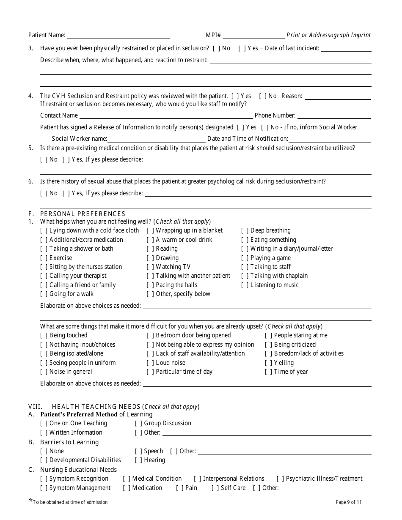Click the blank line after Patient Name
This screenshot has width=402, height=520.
118,36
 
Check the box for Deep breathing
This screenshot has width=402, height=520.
245,231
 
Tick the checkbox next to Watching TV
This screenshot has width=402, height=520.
150,267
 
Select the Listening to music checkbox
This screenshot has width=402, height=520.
245,285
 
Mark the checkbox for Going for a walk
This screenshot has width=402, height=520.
44,294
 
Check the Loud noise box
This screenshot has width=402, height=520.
150,363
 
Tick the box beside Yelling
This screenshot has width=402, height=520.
268,363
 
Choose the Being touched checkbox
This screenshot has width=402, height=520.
44,336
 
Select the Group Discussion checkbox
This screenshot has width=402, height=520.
138,424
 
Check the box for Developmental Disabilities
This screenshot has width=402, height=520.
44,460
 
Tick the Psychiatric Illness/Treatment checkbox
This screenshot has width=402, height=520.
280,479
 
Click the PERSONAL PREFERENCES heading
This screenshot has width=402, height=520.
83,214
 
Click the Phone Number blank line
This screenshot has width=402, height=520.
334,116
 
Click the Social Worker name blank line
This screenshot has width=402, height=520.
156,139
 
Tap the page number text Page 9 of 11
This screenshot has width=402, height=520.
348,502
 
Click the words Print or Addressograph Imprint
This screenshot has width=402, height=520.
328,36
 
